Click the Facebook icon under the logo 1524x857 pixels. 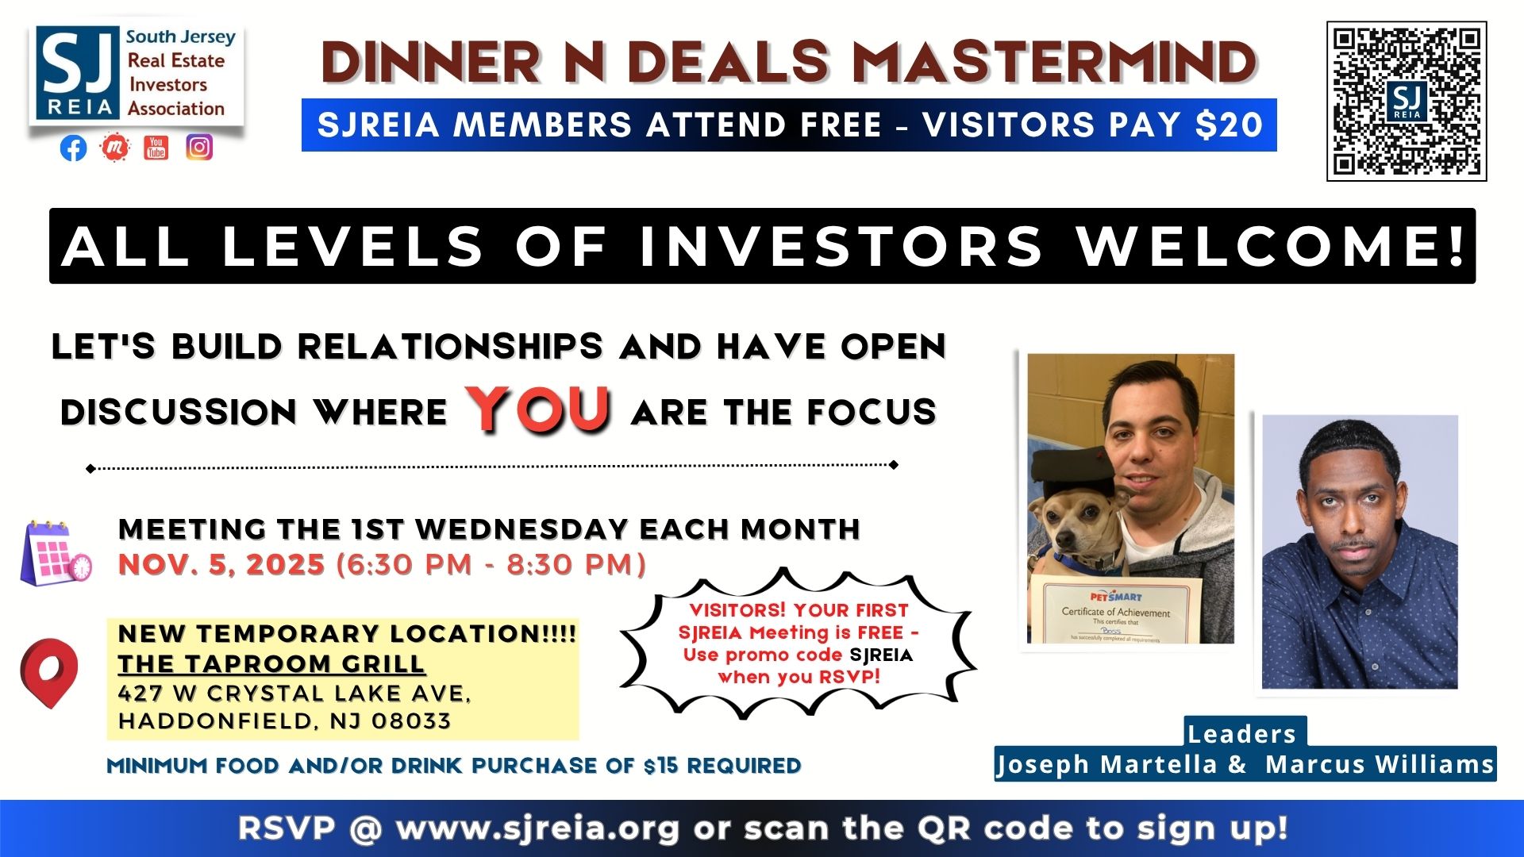point(73,148)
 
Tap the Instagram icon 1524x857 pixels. point(199,147)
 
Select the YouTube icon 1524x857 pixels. point(156,147)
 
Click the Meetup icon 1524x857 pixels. point(114,147)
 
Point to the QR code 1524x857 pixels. point(1407,102)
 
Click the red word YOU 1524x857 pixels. point(539,409)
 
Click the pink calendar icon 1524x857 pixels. point(56,554)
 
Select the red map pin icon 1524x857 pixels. point(49,673)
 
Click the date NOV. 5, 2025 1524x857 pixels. point(221,564)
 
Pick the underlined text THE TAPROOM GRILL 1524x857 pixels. point(271,663)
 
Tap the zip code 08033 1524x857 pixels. point(411,721)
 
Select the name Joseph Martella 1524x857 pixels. point(1107,764)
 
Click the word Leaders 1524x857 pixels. point(1242,734)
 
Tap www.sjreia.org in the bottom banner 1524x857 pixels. point(538,828)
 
